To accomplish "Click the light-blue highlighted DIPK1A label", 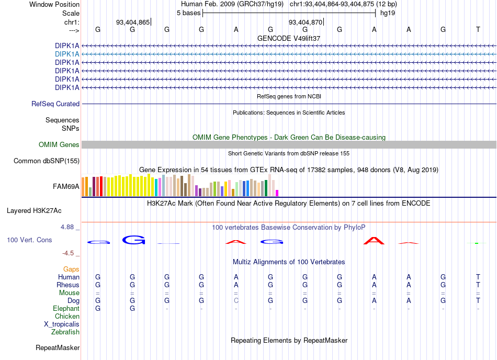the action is [x=67, y=54].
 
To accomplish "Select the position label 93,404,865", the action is [x=133, y=22].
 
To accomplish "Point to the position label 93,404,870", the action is [x=305, y=22].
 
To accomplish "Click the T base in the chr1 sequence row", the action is [x=478, y=29].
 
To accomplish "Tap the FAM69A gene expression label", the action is [x=66, y=186].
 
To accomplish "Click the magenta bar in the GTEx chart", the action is [x=277, y=193].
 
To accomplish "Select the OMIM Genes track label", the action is [x=59, y=145].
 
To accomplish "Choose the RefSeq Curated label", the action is [x=55, y=104].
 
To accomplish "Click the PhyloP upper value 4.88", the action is [x=67, y=227].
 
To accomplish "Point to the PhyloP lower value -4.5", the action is [x=68, y=253].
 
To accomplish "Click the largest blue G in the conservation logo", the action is [x=134, y=240].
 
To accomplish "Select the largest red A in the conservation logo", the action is [x=374, y=241].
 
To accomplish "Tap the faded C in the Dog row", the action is [x=236, y=300].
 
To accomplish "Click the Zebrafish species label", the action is [x=65, y=332].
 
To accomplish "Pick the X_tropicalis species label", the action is [x=62, y=324].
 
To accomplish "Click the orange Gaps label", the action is [x=71, y=269].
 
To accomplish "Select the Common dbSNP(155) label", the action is [x=47, y=161].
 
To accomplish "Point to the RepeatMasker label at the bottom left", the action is [x=58, y=347].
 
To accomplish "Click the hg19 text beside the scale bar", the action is [x=388, y=13].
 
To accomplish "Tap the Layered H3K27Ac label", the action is [x=34, y=211].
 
